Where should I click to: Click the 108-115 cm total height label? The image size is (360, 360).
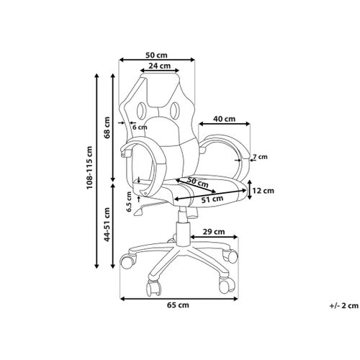pyautogui.click(x=89, y=167)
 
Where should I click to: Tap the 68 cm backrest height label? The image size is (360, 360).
pyautogui.click(x=107, y=127)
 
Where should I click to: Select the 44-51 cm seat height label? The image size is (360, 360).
pyautogui.click(x=107, y=225)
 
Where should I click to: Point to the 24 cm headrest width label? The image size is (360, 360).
pyautogui.click(x=159, y=66)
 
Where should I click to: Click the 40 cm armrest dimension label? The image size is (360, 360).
pyautogui.click(x=225, y=119)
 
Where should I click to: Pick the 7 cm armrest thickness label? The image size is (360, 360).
pyautogui.click(x=260, y=157)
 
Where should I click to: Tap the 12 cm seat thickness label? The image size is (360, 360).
pyautogui.click(x=263, y=191)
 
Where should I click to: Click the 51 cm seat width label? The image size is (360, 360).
pyautogui.click(x=212, y=199)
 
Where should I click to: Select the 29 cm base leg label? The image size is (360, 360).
pyautogui.click(x=214, y=232)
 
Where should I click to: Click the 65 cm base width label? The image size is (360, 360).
pyautogui.click(x=178, y=305)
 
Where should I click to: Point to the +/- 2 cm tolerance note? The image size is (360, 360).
pyautogui.click(x=344, y=306)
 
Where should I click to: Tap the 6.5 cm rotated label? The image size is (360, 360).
pyautogui.click(x=130, y=202)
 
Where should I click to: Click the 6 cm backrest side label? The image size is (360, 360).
pyautogui.click(x=140, y=127)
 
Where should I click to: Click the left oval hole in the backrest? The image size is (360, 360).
pyautogui.click(x=141, y=110)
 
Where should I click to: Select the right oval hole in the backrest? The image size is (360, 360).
pyautogui.click(x=175, y=110)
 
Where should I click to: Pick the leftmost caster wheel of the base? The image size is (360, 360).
pyautogui.click(x=127, y=261)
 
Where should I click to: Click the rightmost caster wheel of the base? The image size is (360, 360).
pyautogui.click(x=230, y=256)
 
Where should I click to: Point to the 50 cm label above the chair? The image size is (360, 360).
pyautogui.click(x=156, y=55)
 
